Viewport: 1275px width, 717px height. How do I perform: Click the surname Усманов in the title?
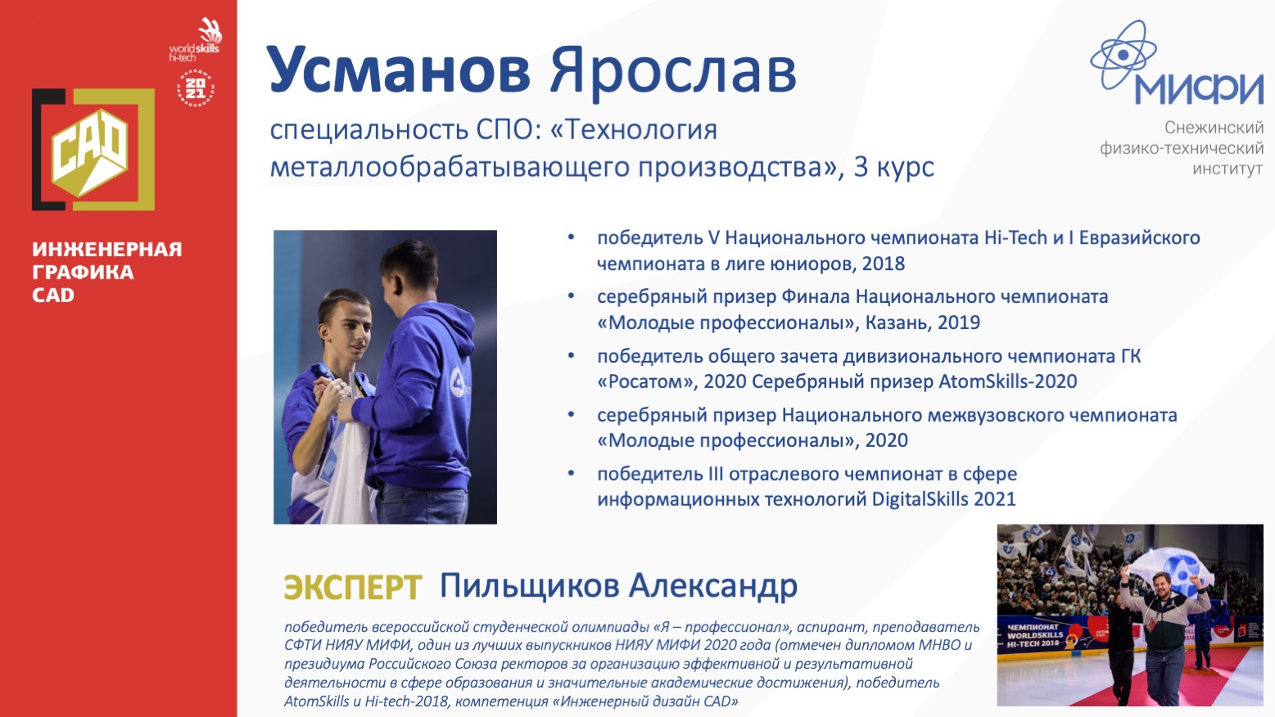[399, 70]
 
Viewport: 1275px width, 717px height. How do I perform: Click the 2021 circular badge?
[195, 88]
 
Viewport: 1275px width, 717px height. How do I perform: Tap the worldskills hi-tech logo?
[195, 40]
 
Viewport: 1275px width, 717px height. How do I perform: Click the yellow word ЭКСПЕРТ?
[353, 587]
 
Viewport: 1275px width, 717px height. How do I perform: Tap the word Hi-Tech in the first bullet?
[1015, 237]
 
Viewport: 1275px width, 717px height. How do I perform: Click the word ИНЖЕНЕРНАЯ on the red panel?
[107, 250]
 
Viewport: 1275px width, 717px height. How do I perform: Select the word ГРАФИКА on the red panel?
[83, 272]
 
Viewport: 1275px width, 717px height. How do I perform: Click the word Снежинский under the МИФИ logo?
[1213, 128]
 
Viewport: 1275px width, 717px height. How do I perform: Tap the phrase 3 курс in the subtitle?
[893, 167]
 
